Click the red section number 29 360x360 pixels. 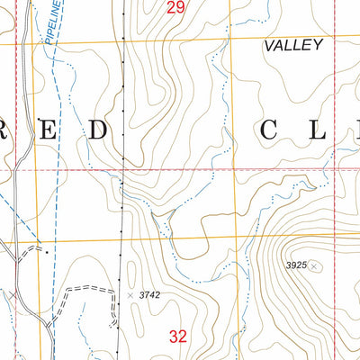click(176, 8)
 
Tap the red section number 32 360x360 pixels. click(178, 337)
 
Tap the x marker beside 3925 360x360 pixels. click(314, 265)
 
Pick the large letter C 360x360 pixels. click(271, 131)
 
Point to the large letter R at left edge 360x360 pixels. click(4, 131)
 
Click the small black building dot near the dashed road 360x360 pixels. click(39, 241)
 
